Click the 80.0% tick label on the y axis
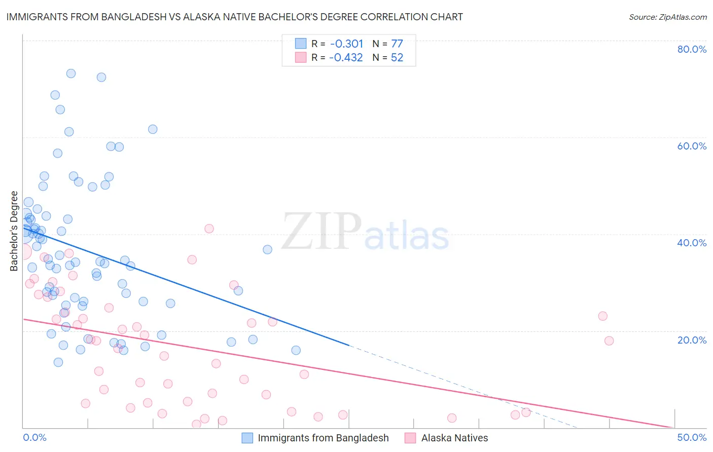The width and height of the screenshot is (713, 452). point(692,49)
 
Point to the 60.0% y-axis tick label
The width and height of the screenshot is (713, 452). point(692,146)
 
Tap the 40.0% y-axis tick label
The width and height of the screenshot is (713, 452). point(692,243)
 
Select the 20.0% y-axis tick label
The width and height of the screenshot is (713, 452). point(692,340)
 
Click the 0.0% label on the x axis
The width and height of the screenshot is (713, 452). point(34,437)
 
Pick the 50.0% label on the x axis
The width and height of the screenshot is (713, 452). point(692,437)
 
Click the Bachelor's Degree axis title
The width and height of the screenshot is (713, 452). point(14,231)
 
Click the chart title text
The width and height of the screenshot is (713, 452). point(234,17)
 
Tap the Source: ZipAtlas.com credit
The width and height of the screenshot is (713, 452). point(667,17)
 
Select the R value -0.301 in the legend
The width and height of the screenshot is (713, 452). point(346,44)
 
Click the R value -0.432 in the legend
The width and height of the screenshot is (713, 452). point(346,58)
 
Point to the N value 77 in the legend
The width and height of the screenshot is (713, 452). point(397,44)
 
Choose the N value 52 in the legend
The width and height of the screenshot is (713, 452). point(397,58)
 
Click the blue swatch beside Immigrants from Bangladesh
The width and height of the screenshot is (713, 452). point(247,438)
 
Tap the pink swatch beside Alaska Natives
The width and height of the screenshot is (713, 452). point(410,438)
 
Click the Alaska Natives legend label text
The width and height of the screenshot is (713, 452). point(454,438)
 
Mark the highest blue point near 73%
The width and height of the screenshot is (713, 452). point(71,73)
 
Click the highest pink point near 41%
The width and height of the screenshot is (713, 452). point(209,229)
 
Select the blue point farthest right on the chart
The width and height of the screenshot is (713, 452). point(296,350)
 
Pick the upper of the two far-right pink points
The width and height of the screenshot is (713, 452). point(602,316)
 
